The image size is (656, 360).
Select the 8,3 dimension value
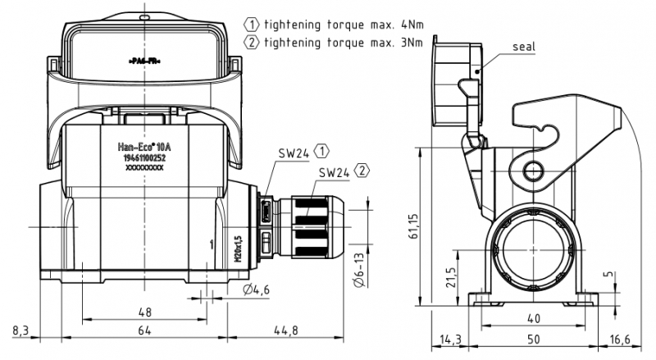pos(21,330)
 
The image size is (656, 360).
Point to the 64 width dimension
pos(144,330)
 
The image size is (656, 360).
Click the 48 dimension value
pos(144,312)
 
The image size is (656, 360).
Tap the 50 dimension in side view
pos(532,338)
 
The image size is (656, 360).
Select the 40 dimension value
pos(532,318)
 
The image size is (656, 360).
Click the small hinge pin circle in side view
pos(534,171)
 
